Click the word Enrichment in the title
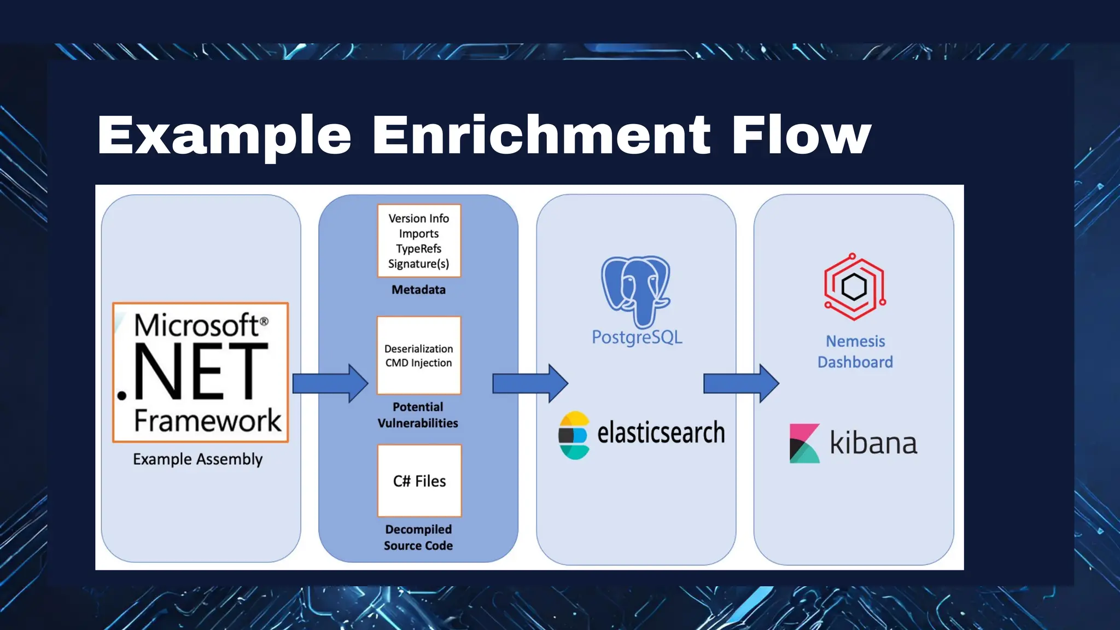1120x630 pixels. click(541, 135)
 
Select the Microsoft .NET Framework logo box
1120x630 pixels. click(200, 372)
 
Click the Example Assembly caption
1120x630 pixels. click(197, 459)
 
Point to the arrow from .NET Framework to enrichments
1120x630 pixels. click(330, 383)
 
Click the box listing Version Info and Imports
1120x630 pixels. click(419, 241)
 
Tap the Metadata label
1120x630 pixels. click(418, 290)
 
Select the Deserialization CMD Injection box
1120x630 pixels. click(419, 355)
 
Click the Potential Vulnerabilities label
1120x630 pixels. click(418, 415)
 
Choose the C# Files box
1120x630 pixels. click(419, 481)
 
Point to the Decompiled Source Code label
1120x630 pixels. click(418, 537)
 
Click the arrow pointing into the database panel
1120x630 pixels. click(530, 383)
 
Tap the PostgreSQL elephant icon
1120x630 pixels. click(636, 290)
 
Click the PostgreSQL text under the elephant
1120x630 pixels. click(637, 337)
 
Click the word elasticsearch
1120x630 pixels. click(661, 433)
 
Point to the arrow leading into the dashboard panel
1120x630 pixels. click(740, 383)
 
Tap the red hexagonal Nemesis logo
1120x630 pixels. click(854, 287)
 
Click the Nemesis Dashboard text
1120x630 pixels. click(855, 352)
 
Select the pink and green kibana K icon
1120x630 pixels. click(804, 444)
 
